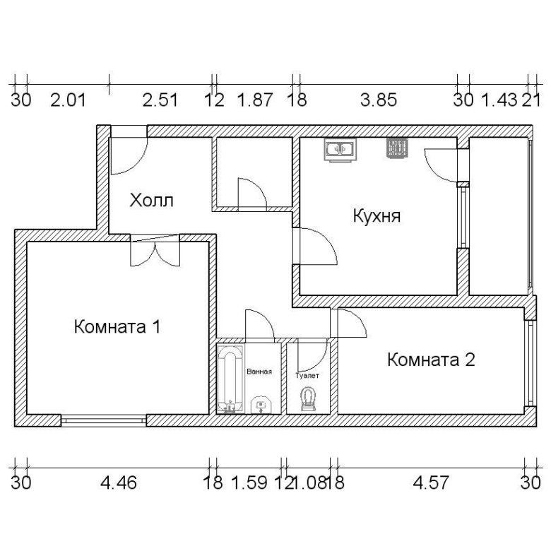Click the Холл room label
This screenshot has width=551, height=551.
coord(151,201)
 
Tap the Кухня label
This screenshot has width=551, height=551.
coord(377,215)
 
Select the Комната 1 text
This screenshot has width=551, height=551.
coord(117,326)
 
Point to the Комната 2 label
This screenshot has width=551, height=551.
coord(431,360)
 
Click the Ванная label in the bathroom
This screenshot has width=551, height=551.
coord(259,372)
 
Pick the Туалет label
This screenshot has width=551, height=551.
coord(307,375)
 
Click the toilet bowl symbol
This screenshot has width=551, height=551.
coord(309,399)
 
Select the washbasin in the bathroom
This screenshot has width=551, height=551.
coord(261,405)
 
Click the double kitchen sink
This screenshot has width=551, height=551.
coord(340,149)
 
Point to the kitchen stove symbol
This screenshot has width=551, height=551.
coord(397,147)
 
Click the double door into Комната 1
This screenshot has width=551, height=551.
coord(155,250)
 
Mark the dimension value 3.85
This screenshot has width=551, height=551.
coord(379,100)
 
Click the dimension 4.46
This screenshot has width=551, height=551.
coord(119,482)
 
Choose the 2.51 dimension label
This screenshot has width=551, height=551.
coord(160,100)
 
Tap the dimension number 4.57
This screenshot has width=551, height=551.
coord(431,482)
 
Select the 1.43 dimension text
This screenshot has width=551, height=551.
coord(499,100)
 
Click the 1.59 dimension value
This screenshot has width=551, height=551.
coord(249,482)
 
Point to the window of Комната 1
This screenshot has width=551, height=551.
coord(104,420)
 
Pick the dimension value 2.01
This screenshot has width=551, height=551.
coord(69,100)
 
